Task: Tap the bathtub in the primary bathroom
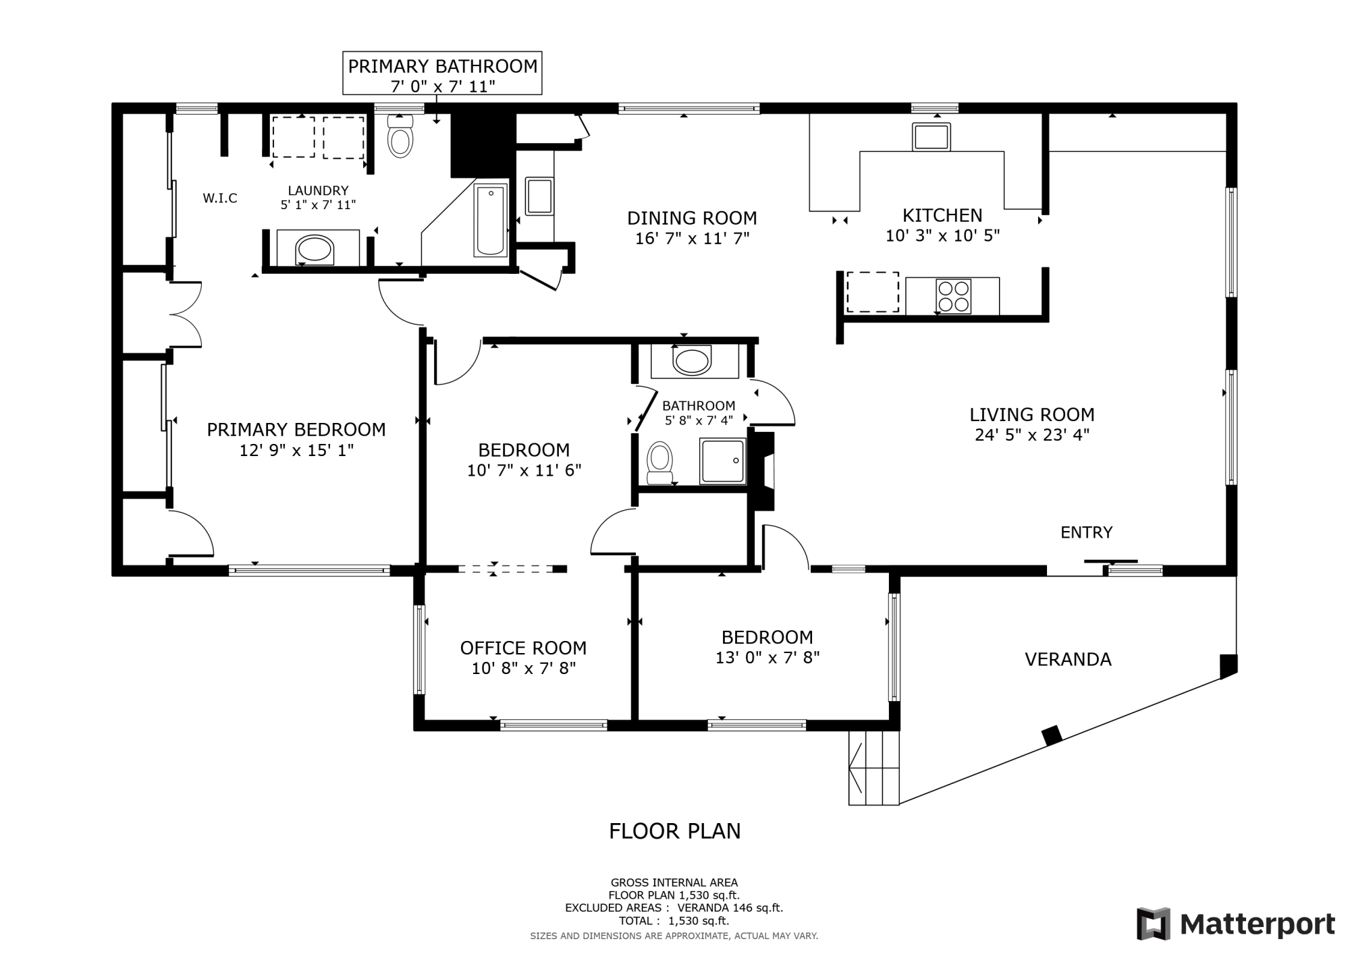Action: pyautogui.click(x=490, y=221)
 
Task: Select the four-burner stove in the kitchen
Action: pyautogui.click(x=954, y=296)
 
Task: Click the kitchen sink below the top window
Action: pyautogui.click(x=931, y=137)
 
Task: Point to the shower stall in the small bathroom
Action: pyautogui.click(x=723, y=461)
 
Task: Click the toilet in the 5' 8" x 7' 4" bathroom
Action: pyautogui.click(x=659, y=463)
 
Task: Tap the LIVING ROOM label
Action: pyautogui.click(x=1031, y=414)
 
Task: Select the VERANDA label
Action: pyautogui.click(x=1068, y=659)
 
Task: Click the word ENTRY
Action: pyautogui.click(x=1086, y=532)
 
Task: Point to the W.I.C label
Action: pyautogui.click(x=220, y=198)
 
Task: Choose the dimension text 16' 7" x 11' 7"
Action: pyautogui.click(x=692, y=238)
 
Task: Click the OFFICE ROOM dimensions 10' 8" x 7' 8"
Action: pyautogui.click(x=523, y=669)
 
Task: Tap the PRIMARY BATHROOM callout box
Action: pyautogui.click(x=442, y=74)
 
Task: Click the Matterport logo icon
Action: pyautogui.click(x=1154, y=924)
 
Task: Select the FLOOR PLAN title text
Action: pyautogui.click(x=674, y=831)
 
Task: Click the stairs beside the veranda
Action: pyautogui.click(x=873, y=768)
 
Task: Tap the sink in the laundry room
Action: pyautogui.click(x=315, y=249)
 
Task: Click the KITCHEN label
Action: pyautogui.click(x=942, y=215)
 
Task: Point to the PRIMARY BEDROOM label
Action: pyautogui.click(x=296, y=429)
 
